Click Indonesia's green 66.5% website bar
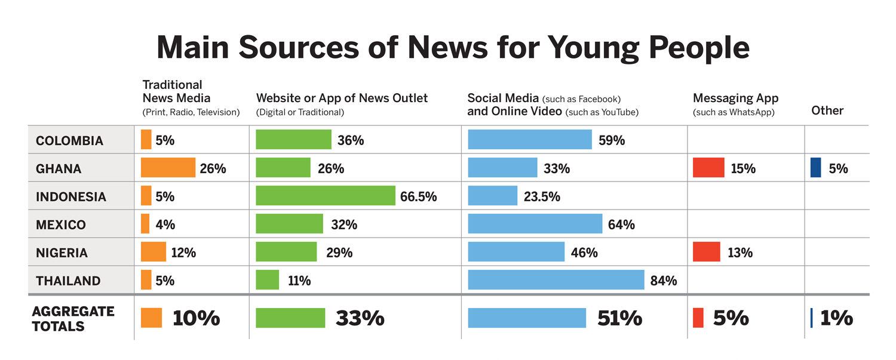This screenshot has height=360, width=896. (x=326, y=195)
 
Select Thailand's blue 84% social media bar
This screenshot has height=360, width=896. (x=556, y=279)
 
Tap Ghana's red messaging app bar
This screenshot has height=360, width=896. (x=708, y=168)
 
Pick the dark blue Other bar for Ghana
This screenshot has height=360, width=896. (x=816, y=168)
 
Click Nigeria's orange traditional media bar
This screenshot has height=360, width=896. (x=154, y=251)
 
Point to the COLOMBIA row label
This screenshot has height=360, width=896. (x=69, y=141)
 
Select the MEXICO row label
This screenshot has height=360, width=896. (x=61, y=225)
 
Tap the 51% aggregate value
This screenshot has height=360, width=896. (x=619, y=318)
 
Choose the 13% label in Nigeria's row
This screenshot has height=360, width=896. (x=740, y=253)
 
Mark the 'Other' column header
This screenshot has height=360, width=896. (x=827, y=110)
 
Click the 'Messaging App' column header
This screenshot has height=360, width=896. (x=735, y=99)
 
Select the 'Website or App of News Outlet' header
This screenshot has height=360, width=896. (x=342, y=98)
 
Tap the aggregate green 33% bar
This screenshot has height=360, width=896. (x=290, y=318)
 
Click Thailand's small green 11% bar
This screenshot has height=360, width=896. (x=267, y=279)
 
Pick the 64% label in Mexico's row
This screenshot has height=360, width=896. (x=621, y=225)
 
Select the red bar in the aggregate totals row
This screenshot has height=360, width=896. (x=698, y=318)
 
